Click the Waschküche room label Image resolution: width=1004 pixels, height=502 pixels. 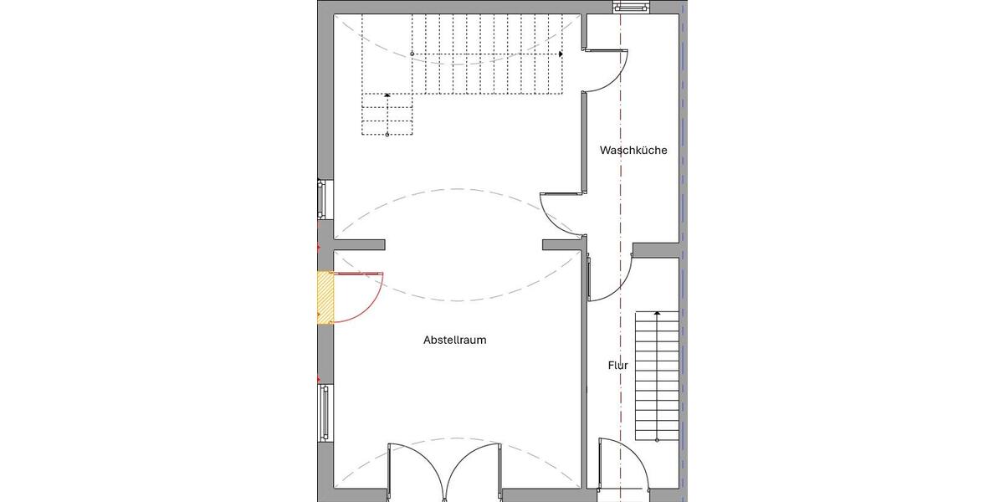click(633, 151)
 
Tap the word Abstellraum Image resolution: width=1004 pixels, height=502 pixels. click(454, 341)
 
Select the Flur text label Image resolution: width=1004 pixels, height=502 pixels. click(617, 366)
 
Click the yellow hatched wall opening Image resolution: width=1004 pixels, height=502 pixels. click(325, 297)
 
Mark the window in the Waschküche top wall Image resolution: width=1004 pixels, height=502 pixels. click(631, 8)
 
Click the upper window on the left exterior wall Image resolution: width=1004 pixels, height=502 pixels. click(323, 201)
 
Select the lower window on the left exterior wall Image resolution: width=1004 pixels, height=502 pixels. click(324, 412)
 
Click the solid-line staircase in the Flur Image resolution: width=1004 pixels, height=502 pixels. click(656, 376)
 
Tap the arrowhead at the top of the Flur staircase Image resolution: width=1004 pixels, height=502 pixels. click(656, 313)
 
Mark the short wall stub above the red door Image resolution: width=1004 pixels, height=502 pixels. click(359, 245)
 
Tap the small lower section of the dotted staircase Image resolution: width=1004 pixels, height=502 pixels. click(387, 115)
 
